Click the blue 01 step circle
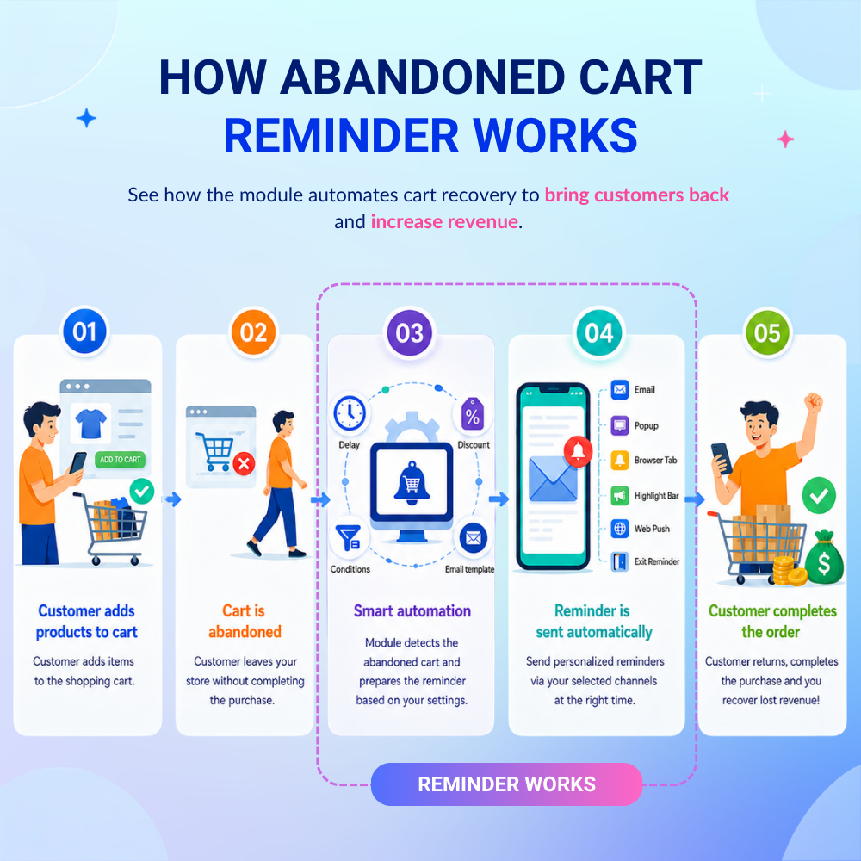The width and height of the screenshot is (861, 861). coord(84,331)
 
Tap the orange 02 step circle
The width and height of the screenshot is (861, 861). coord(253,332)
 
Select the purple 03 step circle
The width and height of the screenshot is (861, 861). coord(410,332)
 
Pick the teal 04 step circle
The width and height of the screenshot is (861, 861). coord(599,332)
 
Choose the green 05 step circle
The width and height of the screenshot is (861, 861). coord(767,332)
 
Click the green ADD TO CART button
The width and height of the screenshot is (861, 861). coord(121,460)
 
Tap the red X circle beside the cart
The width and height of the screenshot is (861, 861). coord(244,464)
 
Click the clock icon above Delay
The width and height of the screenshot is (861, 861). coord(350,413)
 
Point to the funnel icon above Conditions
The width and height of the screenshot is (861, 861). coord(349,537)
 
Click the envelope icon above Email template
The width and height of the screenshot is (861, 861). coord(473,537)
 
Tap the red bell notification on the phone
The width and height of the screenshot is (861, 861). coord(578,451)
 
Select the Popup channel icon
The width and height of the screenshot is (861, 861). coord(620,425)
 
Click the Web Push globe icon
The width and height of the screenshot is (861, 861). coord(620,529)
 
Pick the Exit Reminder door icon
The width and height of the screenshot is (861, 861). coord(620,561)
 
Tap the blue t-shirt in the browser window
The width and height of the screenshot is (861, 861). coord(90,423)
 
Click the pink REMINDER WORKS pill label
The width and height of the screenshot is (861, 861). coord(506,784)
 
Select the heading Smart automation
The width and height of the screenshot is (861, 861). coord(412,610)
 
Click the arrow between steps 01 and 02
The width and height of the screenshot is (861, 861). coord(174,499)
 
